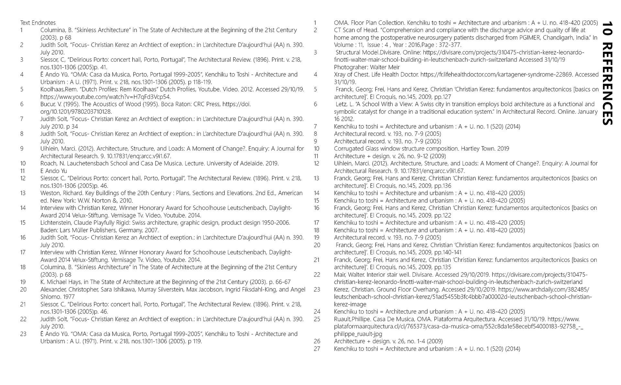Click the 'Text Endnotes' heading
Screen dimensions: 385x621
pos(38,23)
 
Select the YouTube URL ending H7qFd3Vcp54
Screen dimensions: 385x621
pos(105,97)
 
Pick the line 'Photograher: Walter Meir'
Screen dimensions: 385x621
pos(367,67)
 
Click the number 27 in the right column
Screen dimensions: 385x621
pos(317,349)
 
